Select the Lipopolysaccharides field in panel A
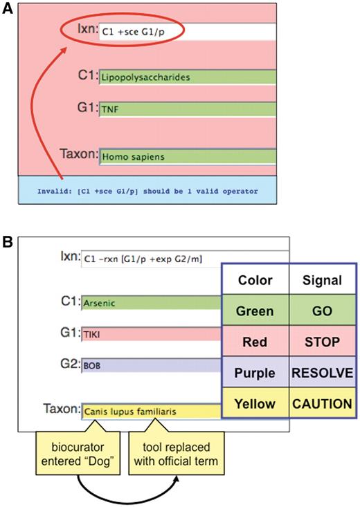(x=187, y=77)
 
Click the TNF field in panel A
(x=187, y=109)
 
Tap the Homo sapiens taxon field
(x=187, y=156)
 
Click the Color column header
(x=255, y=281)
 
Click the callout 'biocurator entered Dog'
(x=78, y=449)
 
